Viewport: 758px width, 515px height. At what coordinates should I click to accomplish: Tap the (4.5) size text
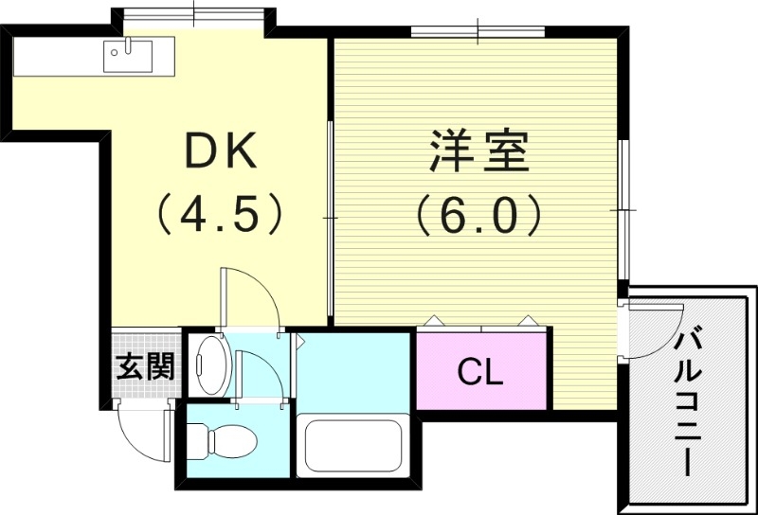point(219,214)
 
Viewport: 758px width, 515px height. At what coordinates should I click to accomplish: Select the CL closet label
point(481,372)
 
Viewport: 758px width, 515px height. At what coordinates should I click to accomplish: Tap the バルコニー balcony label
point(689,399)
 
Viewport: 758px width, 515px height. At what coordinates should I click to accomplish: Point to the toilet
point(223,440)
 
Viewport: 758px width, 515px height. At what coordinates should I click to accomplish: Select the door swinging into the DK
point(248,295)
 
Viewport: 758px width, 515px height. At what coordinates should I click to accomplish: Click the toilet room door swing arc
point(259,374)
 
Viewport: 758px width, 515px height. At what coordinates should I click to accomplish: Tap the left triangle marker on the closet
point(432,320)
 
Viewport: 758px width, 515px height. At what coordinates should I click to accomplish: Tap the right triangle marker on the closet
point(524,320)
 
